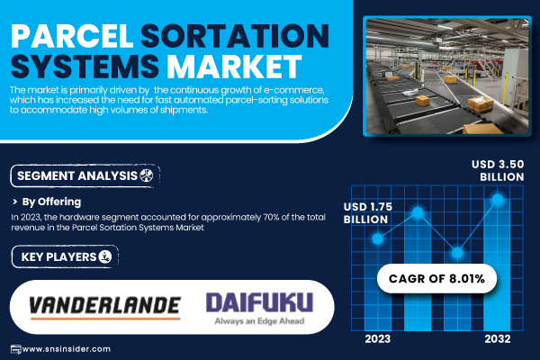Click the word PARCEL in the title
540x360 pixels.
click(x=72, y=36)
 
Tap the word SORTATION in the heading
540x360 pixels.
click(x=235, y=36)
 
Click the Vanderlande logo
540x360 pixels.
click(x=105, y=308)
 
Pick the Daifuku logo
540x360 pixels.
click(x=260, y=302)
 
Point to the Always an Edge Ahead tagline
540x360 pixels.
click(x=260, y=321)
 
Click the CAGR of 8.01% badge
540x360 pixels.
click(x=436, y=278)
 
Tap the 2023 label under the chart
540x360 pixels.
click(x=378, y=339)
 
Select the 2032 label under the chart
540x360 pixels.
click(x=498, y=339)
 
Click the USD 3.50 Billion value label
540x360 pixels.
click(x=498, y=170)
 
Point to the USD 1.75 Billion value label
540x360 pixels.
click(x=368, y=213)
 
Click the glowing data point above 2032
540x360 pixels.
click(x=498, y=199)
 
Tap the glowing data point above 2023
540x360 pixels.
click(x=378, y=238)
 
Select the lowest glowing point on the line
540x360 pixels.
click(x=457, y=253)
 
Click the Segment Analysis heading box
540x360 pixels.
click(x=85, y=176)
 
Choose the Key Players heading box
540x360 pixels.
click(x=65, y=256)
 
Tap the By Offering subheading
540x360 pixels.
click(x=51, y=202)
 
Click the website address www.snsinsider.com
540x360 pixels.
click(x=67, y=349)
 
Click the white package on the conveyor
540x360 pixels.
click(x=409, y=93)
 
